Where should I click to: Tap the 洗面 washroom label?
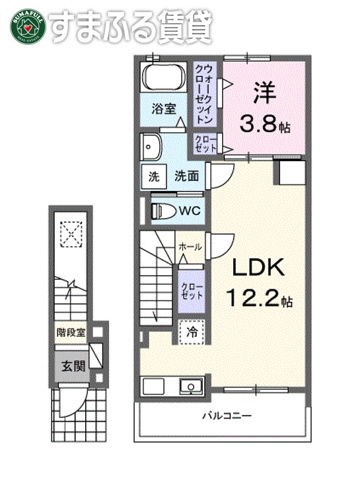click(187, 176)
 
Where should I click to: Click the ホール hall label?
click(190, 246)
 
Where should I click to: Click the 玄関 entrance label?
click(73, 365)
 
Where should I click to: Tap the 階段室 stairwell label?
click(71, 332)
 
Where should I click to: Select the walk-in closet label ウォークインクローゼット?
click(204, 94)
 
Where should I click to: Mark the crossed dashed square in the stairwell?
click(70, 232)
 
